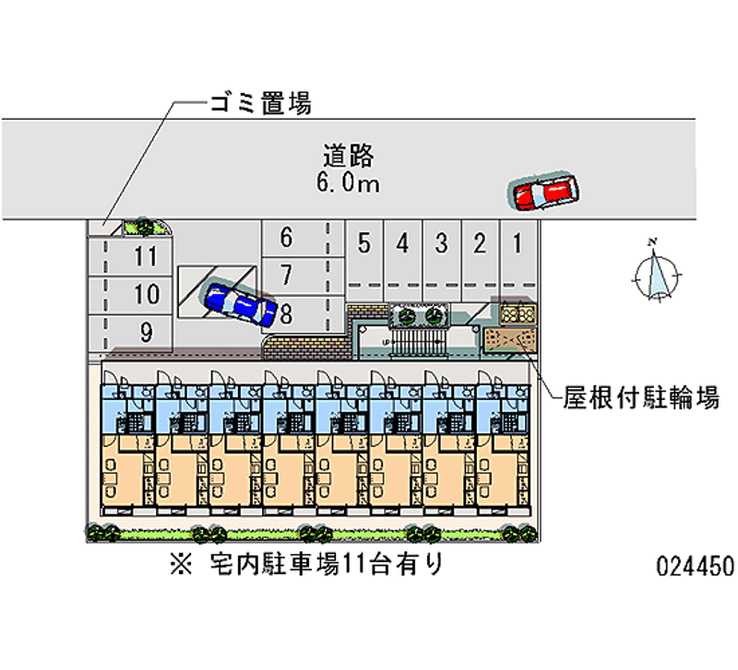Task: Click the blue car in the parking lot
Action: (240, 303)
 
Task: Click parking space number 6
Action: (286, 239)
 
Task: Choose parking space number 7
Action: (286, 275)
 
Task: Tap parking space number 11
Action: (145, 256)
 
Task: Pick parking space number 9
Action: (146, 333)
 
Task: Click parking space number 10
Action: (145, 295)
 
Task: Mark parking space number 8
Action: (287, 313)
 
